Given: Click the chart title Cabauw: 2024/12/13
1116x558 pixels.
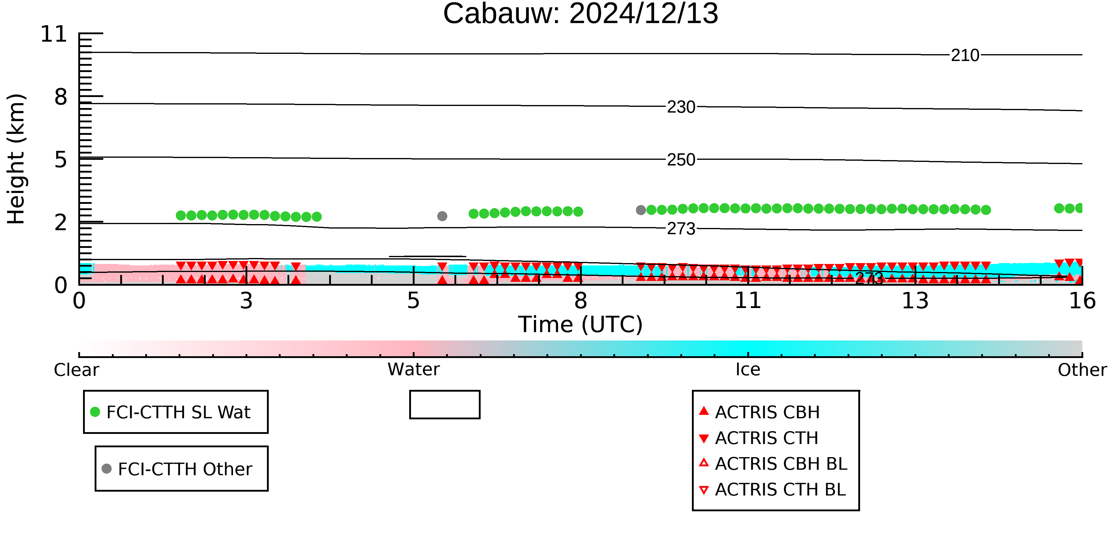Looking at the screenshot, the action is pos(581,14).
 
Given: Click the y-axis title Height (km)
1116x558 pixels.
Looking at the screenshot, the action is pos(16,159).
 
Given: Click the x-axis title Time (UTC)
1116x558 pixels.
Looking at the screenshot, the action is pos(581,324).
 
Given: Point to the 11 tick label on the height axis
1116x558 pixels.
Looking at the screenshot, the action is pos(54,34).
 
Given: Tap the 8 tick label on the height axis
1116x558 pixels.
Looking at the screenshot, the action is pos(61,97).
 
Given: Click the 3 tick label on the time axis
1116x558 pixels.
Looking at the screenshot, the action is pos(246,301).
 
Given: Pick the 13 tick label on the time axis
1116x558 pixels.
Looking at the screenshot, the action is pos(915,301).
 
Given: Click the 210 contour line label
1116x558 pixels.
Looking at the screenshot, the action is pos(965,55).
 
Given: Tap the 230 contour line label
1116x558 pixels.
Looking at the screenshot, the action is pos(681,107).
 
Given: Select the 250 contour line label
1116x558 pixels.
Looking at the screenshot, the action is pos(681,160).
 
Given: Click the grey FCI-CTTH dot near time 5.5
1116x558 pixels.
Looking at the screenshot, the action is pos(442,216).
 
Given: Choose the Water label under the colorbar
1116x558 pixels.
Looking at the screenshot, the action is pos(414,370).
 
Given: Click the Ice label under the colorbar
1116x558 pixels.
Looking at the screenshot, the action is pos(748,370).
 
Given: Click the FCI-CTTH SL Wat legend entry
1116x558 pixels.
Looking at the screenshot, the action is pos(171,412).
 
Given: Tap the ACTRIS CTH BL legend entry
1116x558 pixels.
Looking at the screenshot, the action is pos(773,490).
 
